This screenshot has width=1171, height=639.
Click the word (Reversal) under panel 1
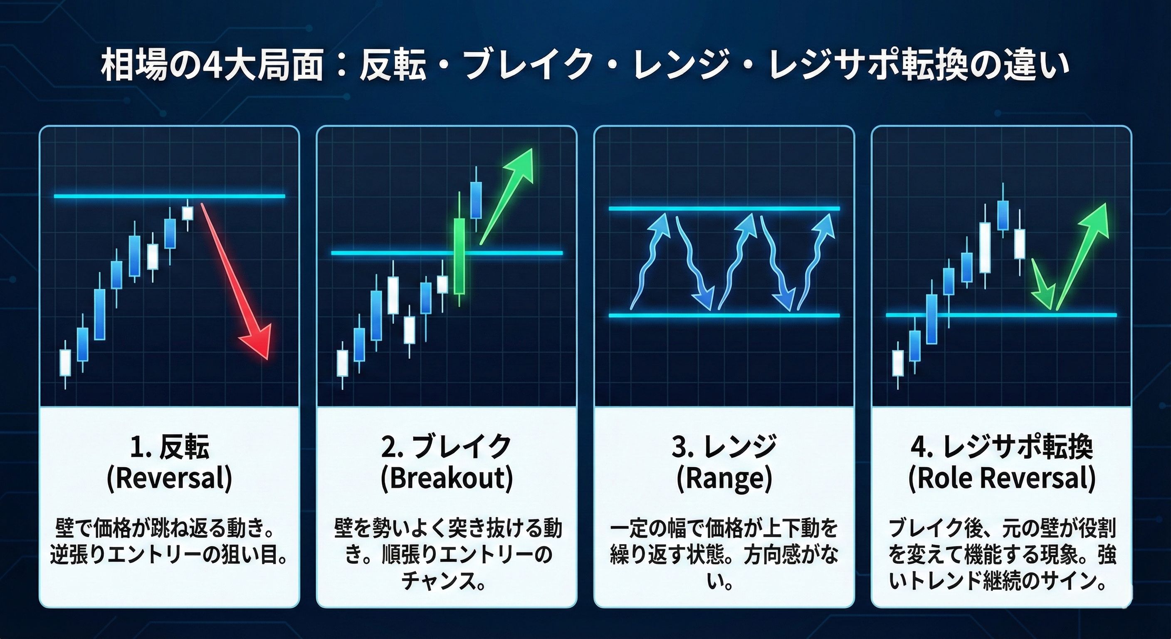[x=170, y=478]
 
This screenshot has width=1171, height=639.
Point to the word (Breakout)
[x=447, y=478]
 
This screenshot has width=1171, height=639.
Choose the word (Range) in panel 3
[x=724, y=478]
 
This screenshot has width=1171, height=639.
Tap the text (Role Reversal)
[x=1002, y=478]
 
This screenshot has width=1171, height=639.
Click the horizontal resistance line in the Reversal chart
[x=170, y=196]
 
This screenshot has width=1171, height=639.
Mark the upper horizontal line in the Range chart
[x=724, y=209]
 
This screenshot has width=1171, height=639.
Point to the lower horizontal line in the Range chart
[x=724, y=315]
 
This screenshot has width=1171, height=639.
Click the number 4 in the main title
[x=210, y=67]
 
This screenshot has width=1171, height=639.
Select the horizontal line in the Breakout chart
[x=447, y=253]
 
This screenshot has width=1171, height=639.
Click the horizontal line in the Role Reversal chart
[x=1001, y=315]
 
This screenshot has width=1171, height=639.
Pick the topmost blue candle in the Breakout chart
[x=476, y=200]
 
